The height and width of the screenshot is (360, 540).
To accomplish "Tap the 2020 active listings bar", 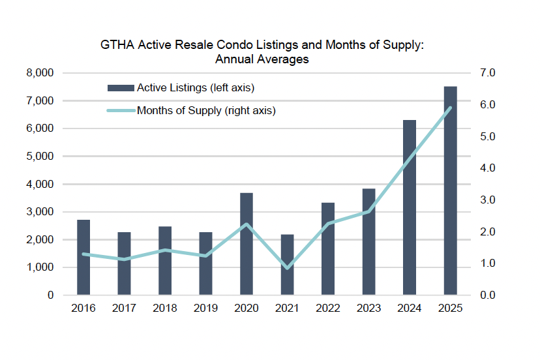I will (x=247, y=244).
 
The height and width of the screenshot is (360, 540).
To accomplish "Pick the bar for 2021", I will (x=287, y=265).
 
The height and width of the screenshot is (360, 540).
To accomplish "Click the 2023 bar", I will (x=368, y=242).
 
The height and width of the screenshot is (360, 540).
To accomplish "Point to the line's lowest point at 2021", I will (x=287, y=267).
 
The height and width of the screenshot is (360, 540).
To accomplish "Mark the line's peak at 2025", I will (x=450, y=108).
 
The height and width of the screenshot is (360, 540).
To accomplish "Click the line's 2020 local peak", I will (x=247, y=224).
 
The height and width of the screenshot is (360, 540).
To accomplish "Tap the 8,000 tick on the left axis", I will (x=40, y=73).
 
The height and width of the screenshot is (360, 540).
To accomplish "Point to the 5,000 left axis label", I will (x=40, y=157).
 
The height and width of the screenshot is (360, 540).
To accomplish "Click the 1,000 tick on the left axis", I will (x=40, y=267).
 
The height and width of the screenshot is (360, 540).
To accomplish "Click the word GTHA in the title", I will (x=117, y=46).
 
